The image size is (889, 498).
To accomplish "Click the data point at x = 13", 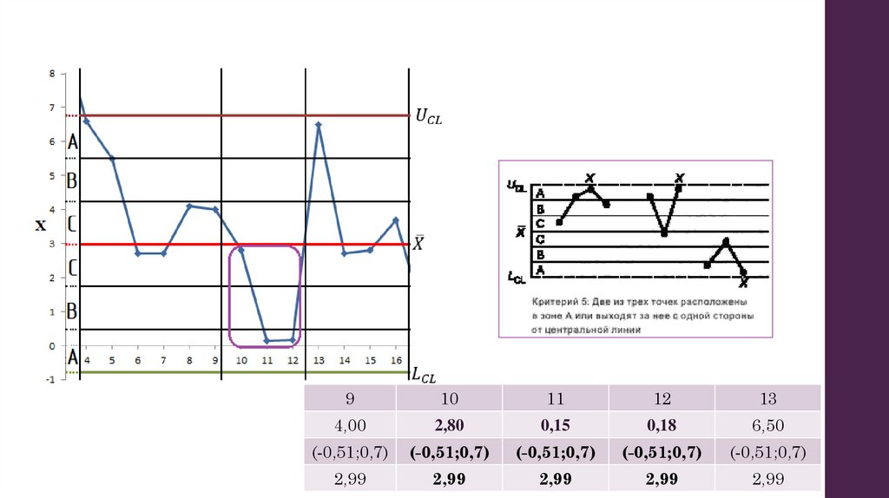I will click(319, 125).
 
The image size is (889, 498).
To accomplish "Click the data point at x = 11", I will click(267, 341).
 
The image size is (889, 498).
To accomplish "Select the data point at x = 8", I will click(189, 206).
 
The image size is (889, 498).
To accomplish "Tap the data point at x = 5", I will click(112, 159).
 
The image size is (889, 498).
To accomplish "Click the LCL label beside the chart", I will click(424, 375).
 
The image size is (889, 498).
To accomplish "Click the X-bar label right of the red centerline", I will click(418, 244).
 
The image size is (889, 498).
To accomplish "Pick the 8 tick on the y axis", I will click(51, 75).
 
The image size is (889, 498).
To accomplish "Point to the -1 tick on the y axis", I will click(50, 380).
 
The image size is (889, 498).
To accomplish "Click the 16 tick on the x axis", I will click(396, 360).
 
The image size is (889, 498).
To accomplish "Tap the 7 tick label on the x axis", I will click(163, 360).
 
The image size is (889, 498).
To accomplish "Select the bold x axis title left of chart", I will click(41, 226).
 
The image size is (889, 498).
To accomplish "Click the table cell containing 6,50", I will click(767, 425).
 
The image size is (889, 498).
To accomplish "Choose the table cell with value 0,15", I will click(555, 425).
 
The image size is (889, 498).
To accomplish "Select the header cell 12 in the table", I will click(662, 399).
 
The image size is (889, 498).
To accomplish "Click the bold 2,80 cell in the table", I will click(449, 425).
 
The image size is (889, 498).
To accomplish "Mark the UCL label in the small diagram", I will click(516, 185).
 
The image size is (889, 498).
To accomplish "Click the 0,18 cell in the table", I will click(662, 425).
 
